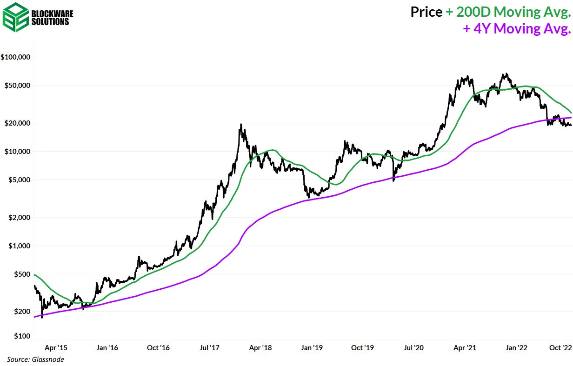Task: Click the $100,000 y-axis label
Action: pyautogui.click(x=15, y=57)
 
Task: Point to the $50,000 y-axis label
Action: pyautogui.click(x=17, y=86)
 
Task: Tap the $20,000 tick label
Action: pyautogui.click(x=17, y=123)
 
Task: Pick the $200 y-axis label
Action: pyautogui.click(x=21, y=311)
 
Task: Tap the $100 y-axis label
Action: pyautogui.click(x=21, y=336)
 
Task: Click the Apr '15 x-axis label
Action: pyautogui.click(x=56, y=347)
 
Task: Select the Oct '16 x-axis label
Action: pyautogui.click(x=158, y=347)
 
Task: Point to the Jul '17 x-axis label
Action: pyautogui.click(x=209, y=347)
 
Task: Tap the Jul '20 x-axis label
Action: pyautogui.click(x=413, y=347)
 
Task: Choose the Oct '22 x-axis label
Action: pyautogui.click(x=558, y=347)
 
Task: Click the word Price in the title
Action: pyautogui.click(x=426, y=12)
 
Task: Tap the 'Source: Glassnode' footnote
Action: pyautogui.click(x=35, y=359)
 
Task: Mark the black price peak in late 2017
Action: pyautogui.click(x=240, y=125)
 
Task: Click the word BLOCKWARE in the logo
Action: pyautogui.click(x=51, y=13)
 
